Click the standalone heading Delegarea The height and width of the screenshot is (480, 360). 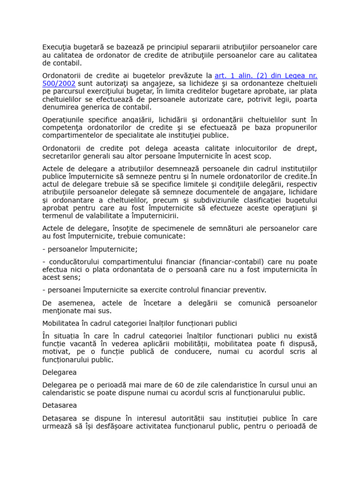coord(59,372)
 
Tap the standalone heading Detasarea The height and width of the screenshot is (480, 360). coord(60,405)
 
